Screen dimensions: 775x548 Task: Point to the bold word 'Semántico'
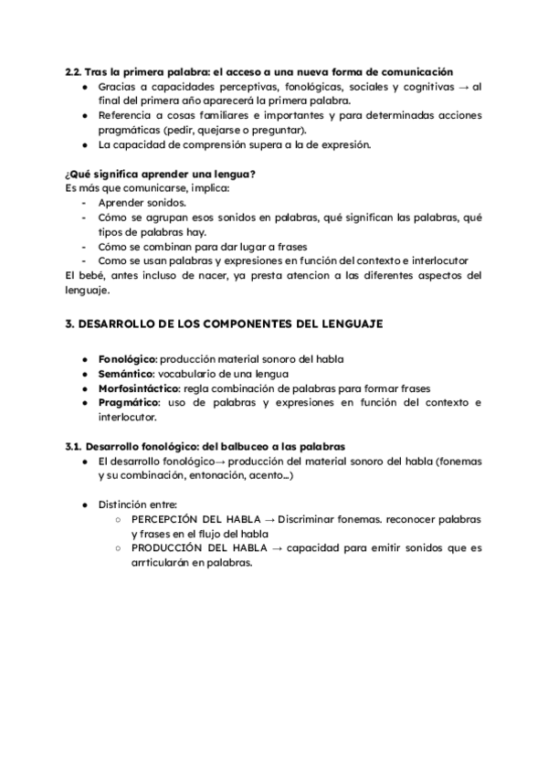pos(126,374)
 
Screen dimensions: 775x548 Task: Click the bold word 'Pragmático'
pos(128,402)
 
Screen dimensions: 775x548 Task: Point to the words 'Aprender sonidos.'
pos(142,203)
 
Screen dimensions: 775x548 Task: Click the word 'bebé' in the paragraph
pos(92,276)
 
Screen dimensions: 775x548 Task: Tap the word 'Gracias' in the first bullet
pos(119,86)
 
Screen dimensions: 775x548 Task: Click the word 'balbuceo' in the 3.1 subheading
pos(234,446)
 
